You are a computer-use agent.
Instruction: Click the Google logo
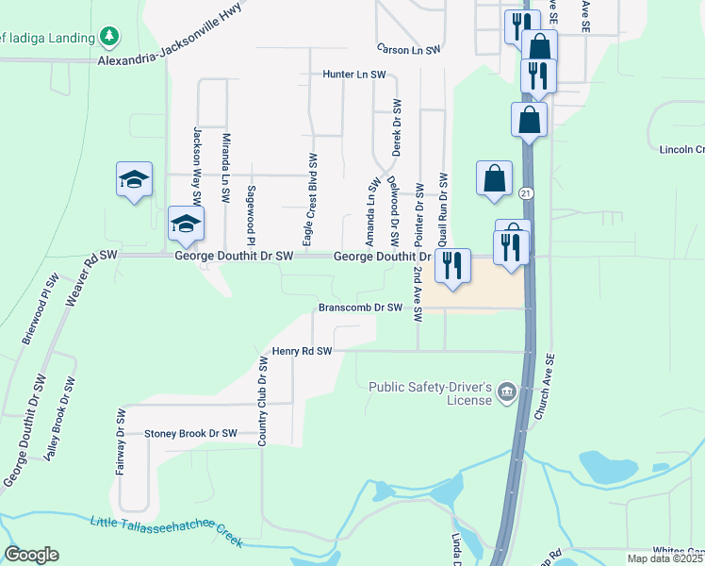coord(32,555)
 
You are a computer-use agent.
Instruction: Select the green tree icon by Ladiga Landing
coord(110,37)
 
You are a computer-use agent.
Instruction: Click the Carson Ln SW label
coord(409,49)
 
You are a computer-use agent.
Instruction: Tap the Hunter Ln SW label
coord(354,74)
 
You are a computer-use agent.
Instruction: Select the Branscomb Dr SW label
coord(361,308)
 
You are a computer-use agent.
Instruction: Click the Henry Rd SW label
coord(303,351)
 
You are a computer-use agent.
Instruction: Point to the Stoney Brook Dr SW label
coord(190,434)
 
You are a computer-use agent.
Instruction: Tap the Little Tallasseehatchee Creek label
coord(167,531)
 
